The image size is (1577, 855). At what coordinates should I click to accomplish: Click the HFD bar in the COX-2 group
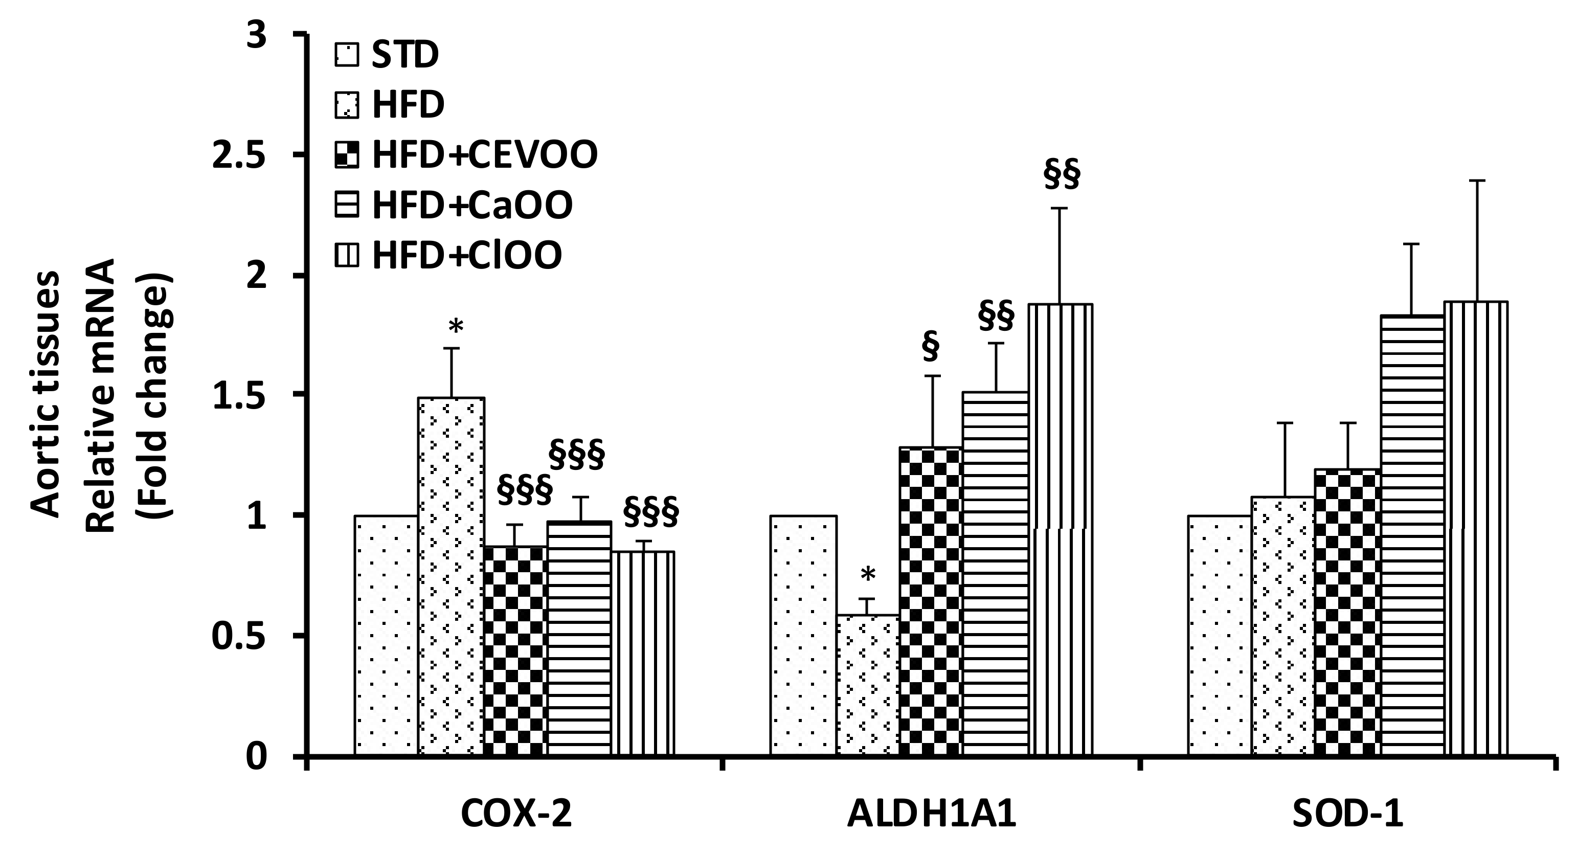[451, 575]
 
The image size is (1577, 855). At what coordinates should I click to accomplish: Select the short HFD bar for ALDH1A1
[867, 685]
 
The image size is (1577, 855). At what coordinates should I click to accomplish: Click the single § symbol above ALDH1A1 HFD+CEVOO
[930, 348]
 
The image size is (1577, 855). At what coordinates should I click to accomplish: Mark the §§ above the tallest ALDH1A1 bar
[1062, 175]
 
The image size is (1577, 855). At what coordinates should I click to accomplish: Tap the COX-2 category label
[515, 818]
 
